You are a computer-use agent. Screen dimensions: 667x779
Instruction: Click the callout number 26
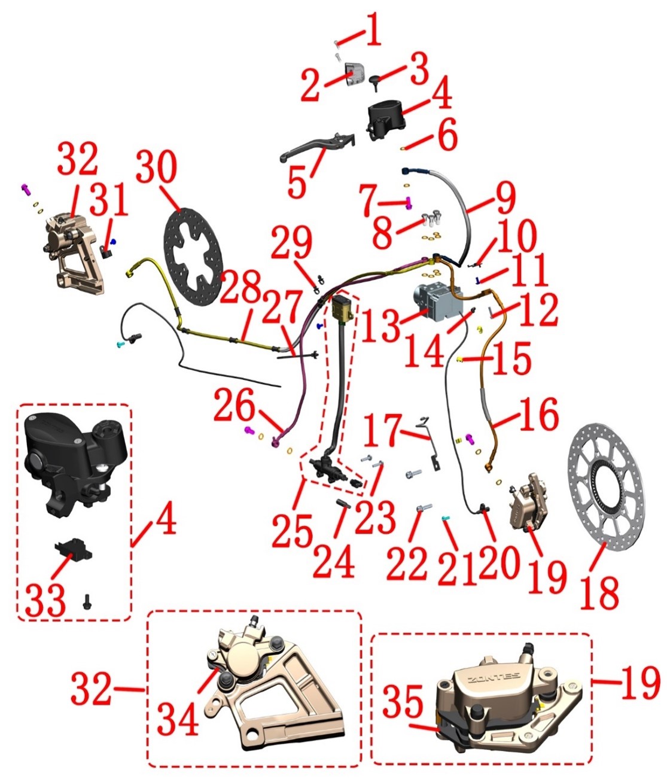(x=234, y=405)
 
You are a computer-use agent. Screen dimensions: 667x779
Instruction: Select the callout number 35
(x=403, y=701)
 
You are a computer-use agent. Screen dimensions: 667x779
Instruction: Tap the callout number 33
(x=45, y=600)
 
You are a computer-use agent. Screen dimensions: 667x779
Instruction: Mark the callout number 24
(x=334, y=561)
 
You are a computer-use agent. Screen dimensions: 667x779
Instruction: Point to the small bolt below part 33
(x=87, y=601)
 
